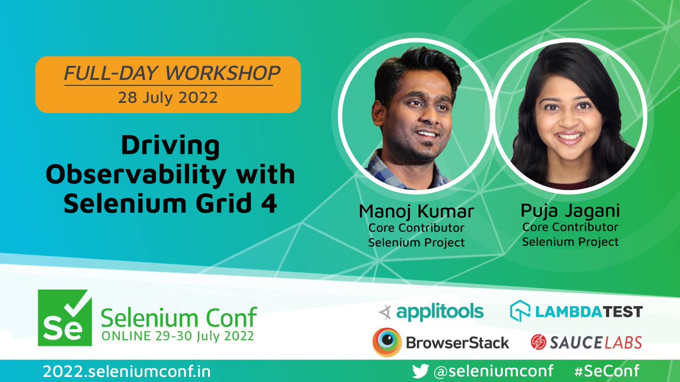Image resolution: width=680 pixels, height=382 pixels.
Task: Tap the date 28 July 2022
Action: pyautogui.click(x=168, y=97)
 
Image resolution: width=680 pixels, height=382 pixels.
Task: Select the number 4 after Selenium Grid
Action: pyautogui.click(x=270, y=204)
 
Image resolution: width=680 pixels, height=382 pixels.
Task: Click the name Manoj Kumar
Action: pyautogui.click(x=416, y=212)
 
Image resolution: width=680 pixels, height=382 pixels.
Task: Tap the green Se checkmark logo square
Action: pyautogui.click(x=63, y=318)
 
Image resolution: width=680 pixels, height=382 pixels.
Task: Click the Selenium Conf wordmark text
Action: pyautogui.click(x=178, y=317)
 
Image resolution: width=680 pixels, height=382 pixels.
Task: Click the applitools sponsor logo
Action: pyautogui.click(x=432, y=311)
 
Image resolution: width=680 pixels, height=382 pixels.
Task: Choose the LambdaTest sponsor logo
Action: pyautogui.click(x=576, y=311)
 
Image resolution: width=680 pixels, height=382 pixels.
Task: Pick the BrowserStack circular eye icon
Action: pyautogui.click(x=387, y=342)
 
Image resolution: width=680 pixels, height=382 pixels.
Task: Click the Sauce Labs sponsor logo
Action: pyautogui.click(x=586, y=342)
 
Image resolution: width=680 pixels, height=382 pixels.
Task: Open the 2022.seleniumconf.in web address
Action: pyautogui.click(x=126, y=371)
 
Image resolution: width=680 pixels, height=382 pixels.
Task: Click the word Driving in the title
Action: pyautogui.click(x=170, y=147)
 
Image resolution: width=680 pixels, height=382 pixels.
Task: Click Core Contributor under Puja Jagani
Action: pyautogui.click(x=570, y=228)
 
